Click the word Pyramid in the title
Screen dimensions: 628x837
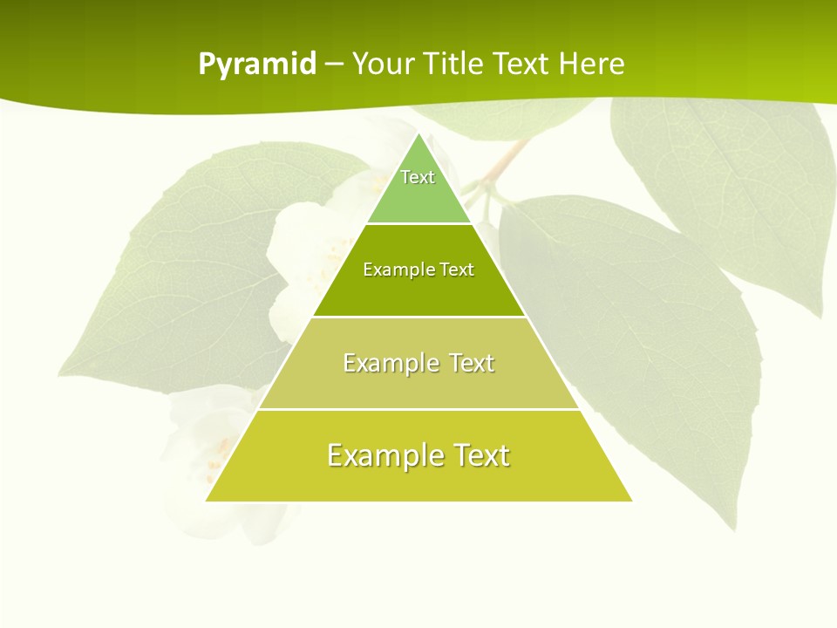click(x=257, y=65)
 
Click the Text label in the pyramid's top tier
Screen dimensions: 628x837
click(x=418, y=177)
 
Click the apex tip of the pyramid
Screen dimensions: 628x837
click(x=418, y=135)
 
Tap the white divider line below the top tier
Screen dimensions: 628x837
click(x=418, y=224)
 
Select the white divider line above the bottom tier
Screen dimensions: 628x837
click(x=418, y=409)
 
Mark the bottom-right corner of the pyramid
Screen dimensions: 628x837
click(x=631, y=500)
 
